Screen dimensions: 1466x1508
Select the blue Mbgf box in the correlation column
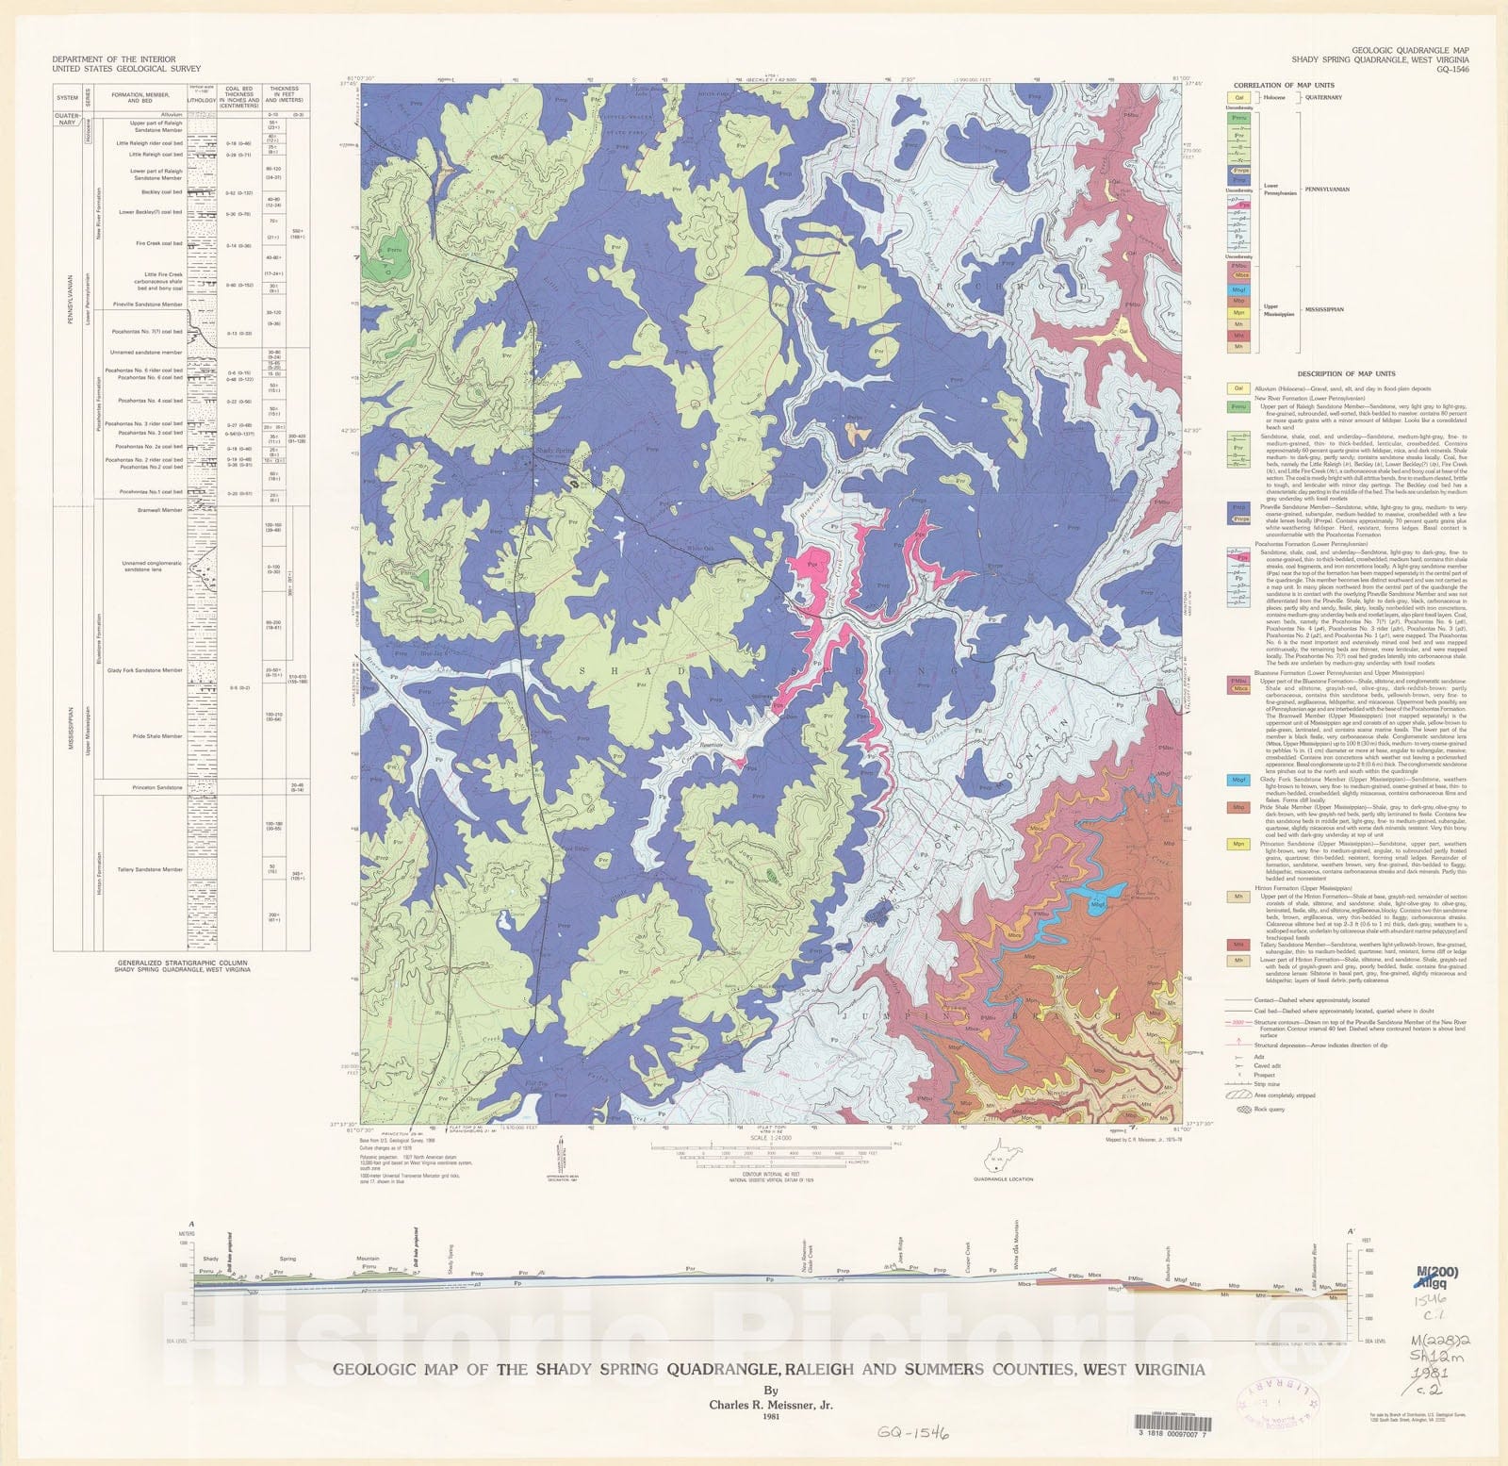point(1239,289)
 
